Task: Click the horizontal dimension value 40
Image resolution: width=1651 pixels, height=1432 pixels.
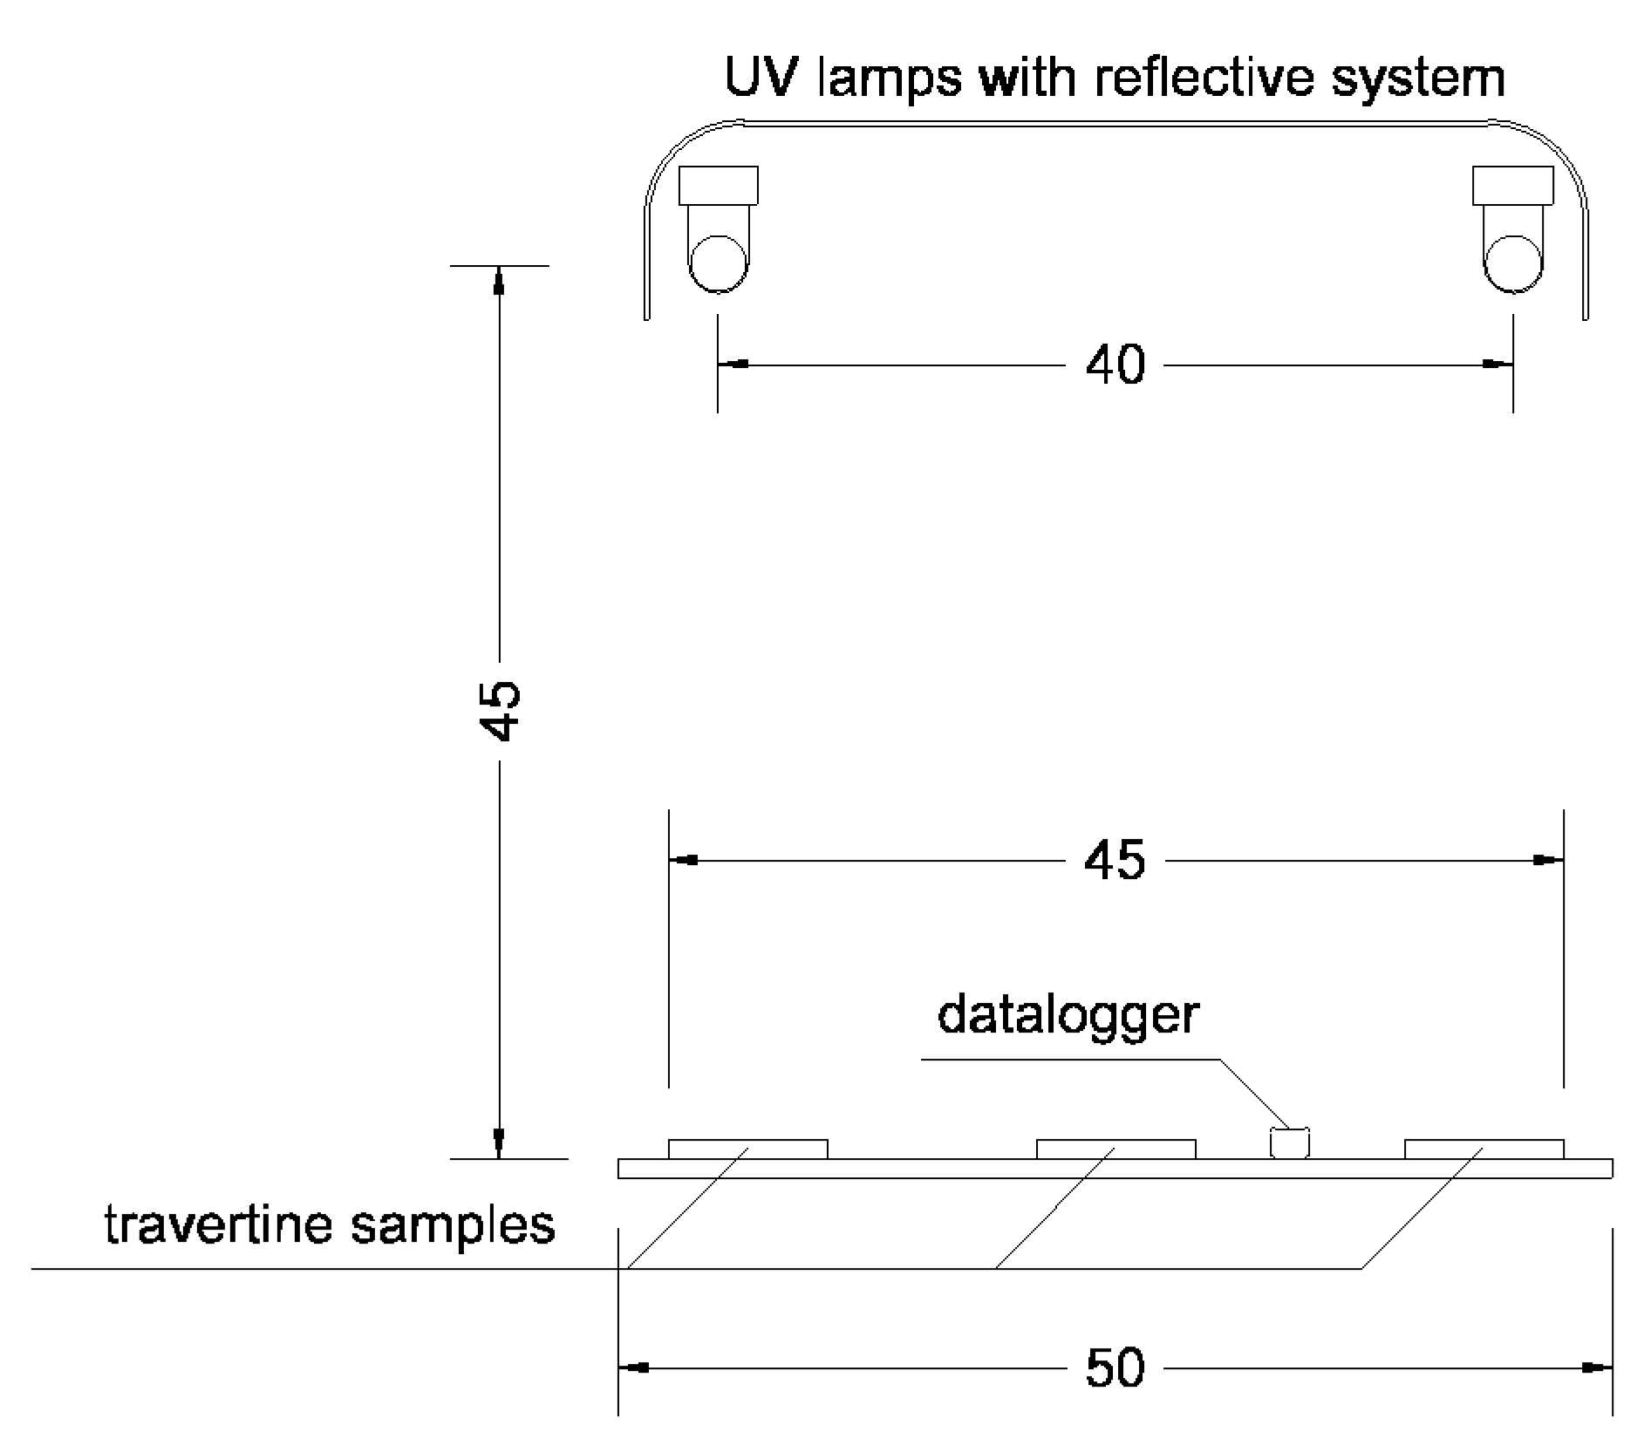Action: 1115,365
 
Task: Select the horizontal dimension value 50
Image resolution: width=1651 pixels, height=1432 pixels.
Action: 1115,1367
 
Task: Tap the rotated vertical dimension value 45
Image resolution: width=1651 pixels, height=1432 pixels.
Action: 501,710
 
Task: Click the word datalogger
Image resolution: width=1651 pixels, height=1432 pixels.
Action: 1068,1014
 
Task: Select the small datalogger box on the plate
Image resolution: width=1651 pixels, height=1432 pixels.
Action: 1290,1143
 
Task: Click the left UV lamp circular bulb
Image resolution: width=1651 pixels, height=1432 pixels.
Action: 718,263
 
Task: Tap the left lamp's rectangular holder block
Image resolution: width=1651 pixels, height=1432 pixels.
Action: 719,185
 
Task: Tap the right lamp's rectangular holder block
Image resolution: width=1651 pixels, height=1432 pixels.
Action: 1513,185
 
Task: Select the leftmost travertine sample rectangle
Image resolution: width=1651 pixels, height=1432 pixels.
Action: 747,1149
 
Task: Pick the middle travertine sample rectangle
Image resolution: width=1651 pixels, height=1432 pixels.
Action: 1115,1149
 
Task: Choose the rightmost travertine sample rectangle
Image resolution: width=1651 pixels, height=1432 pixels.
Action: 1484,1149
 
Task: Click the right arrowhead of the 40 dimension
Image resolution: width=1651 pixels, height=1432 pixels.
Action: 1498,364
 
